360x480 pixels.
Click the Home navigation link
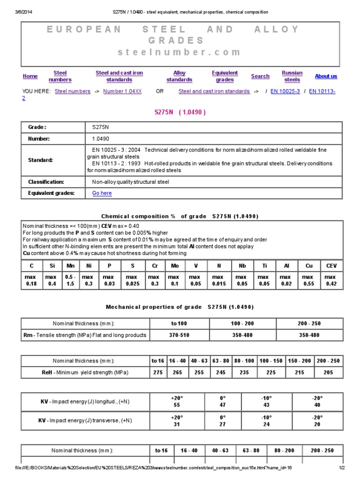[30, 76]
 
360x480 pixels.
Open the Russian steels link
[292, 76]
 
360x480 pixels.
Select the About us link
[326, 76]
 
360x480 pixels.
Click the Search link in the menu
[260, 76]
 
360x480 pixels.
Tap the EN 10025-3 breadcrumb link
[285, 91]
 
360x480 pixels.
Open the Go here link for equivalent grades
[102, 193]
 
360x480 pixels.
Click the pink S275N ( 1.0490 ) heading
[180, 112]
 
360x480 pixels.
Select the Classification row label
[46, 182]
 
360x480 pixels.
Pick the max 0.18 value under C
[30, 280]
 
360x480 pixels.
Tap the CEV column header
[331, 266]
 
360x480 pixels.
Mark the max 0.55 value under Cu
[309, 280]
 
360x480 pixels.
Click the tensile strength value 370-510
[180, 335]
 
